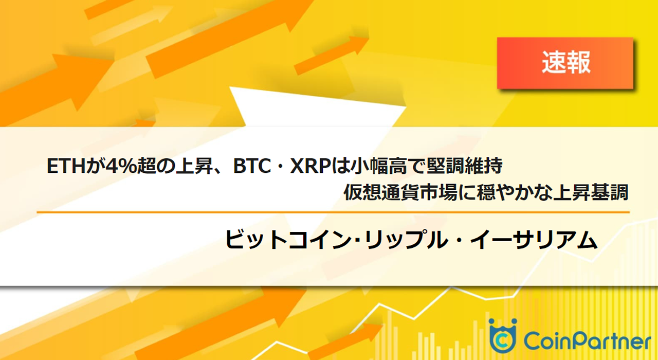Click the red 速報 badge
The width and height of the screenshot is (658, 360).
(x=565, y=63)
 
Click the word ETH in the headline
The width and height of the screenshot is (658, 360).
(x=66, y=166)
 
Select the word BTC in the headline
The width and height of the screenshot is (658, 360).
(x=252, y=166)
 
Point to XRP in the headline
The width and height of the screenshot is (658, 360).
(x=310, y=166)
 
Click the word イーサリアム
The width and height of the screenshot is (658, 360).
(x=534, y=240)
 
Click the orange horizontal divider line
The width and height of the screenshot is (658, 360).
(x=333, y=212)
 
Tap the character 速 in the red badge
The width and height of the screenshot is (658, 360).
(x=554, y=63)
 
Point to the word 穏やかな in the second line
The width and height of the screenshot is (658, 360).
(x=514, y=192)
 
